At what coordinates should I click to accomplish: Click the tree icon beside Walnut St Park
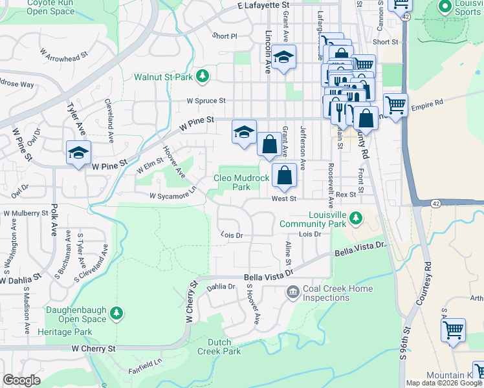click(x=203, y=76)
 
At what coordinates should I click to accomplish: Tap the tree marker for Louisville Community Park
click(x=355, y=219)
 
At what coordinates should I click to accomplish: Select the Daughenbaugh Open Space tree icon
click(x=116, y=314)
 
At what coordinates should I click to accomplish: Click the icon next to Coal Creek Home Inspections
click(x=292, y=293)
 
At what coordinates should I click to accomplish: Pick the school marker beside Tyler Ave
click(x=78, y=153)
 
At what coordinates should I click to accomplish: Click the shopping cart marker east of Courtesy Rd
click(x=453, y=329)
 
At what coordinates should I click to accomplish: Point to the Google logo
click(x=21, y=380)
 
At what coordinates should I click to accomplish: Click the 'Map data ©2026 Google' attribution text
click(x=444, y=383)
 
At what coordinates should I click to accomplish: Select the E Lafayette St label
click(x=264, y=5)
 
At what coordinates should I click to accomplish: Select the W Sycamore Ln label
click(x=173, y=195)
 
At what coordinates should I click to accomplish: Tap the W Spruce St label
click(x=206, y=101)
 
